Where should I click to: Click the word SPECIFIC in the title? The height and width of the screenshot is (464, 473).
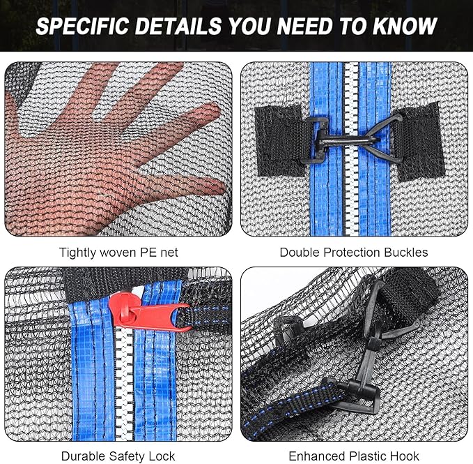point(82,27)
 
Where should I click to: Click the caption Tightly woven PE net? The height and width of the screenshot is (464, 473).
point(118,252)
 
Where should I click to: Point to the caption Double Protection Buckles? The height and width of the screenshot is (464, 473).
point(354,252)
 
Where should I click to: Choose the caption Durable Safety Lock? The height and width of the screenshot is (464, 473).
point(118,456)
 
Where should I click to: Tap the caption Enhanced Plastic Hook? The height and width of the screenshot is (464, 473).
point(355,456)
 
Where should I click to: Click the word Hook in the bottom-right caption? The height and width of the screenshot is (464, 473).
point(405,456)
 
